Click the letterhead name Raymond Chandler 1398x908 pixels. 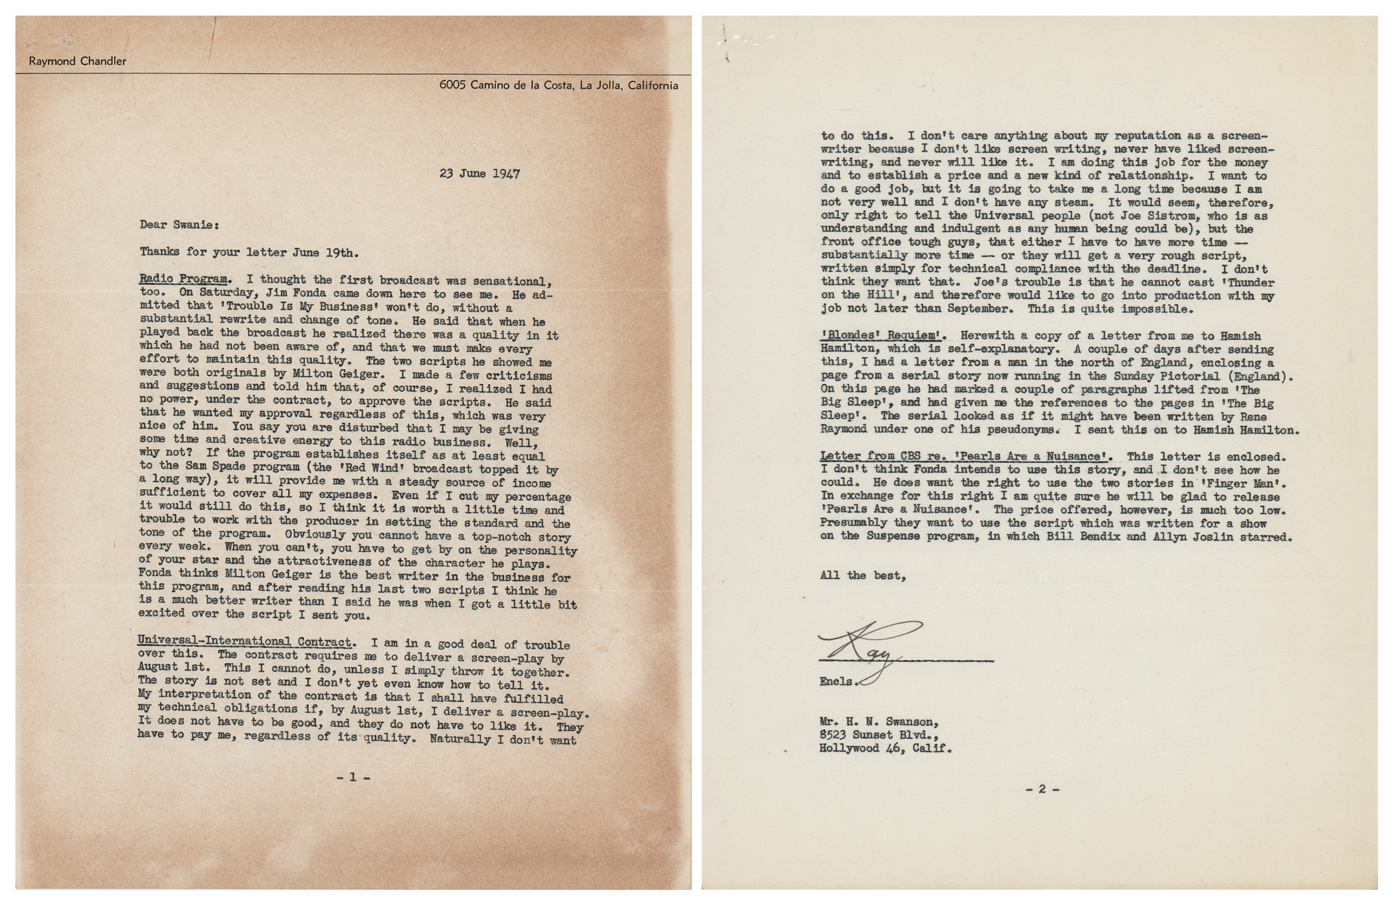[78, 61]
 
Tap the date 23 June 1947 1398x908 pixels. [480, 173]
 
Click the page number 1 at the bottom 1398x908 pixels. [353, 776]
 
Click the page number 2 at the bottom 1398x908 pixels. [1042, 789]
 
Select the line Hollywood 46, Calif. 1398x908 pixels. [886, 748]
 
